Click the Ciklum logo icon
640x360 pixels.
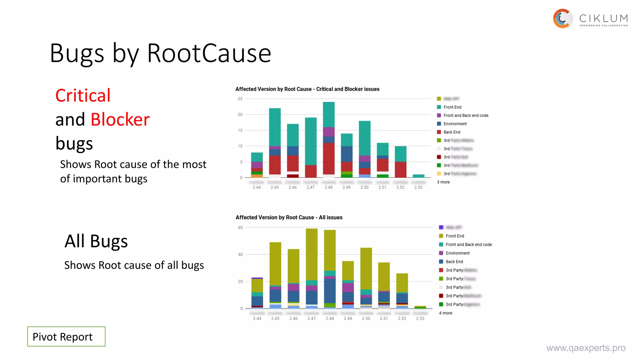click(x=562, y=18)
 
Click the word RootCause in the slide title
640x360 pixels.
click(x=209, y=53)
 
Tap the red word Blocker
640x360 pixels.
click(x=120, y=120)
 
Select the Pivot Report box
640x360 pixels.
click(x=66, y=337)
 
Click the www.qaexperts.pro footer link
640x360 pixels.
click(x=586, y=348)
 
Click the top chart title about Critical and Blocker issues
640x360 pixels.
click(x=307, y=89)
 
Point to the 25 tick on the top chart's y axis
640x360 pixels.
click(x=240, y=99)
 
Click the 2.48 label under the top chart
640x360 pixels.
click(x=328, y=187)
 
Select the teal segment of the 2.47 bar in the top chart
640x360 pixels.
click(x=311, y=141)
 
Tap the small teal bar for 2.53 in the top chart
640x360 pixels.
click(x=418, y=176)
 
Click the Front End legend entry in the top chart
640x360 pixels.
click(x=452, y=107)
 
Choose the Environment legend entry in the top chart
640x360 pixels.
click(x=455, y=124)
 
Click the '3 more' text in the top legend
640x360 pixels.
click(x=443, y=182)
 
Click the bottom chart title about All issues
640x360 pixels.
click(x=289, y=217)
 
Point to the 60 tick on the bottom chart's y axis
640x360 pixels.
click(x=240, y=227)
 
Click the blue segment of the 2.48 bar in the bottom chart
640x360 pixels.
click(x=330, y=291)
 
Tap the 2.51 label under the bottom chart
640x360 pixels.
click(x=384, y=318)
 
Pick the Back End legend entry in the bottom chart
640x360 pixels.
click(x=454, y=262)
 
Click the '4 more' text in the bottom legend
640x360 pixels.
click(x=445, y=313)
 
